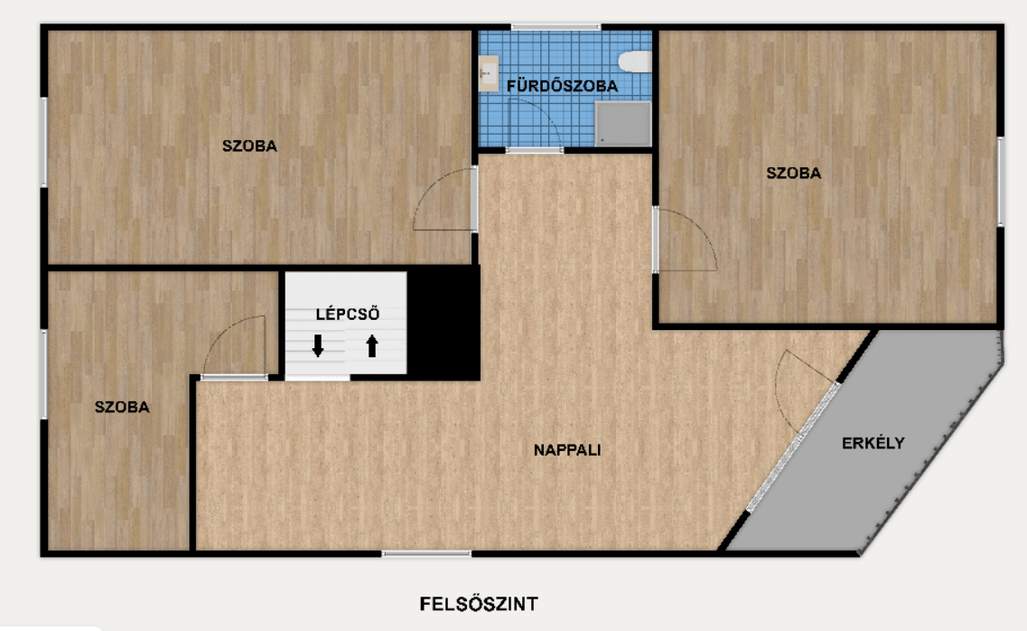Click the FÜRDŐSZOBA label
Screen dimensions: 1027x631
point(562,86)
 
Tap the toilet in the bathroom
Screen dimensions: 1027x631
point(635,61)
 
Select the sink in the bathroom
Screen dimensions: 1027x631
point(488,73)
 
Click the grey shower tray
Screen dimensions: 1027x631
point(623,123)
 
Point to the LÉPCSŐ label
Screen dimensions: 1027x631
point(347,314)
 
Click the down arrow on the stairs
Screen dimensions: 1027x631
point(318,345)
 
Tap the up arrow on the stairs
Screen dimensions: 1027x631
point(372,345)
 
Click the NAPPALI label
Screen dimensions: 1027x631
point(567,450)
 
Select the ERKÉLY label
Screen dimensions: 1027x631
point(873,443)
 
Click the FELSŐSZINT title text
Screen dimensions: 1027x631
point(479,604)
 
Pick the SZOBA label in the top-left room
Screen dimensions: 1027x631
point(249,146)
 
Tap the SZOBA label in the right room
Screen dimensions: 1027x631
point(794,173)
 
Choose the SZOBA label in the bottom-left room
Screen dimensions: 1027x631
point(122,407)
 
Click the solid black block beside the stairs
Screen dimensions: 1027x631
point(443,323)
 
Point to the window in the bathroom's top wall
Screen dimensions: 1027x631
point(556,27)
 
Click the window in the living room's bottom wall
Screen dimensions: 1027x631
point(426,554)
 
